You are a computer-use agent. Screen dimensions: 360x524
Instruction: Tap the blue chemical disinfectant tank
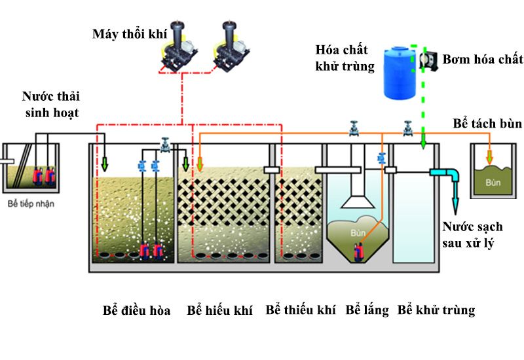[x=400, y=73]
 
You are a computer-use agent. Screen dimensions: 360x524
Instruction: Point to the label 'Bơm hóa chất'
[x=483, y=60]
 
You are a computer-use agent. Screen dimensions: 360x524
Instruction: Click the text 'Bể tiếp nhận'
[x=29, y=204]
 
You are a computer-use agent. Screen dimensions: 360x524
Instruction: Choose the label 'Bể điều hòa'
[x=136, y=310]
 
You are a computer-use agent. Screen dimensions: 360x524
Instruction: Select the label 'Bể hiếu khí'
[x=219, y=310]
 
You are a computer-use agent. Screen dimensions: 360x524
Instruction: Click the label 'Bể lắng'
[x=367, y=310]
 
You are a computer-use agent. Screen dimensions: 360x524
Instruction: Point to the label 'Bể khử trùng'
[x=436, y=310]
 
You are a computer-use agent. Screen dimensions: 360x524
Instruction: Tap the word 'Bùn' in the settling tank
[x=357, y=232]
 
